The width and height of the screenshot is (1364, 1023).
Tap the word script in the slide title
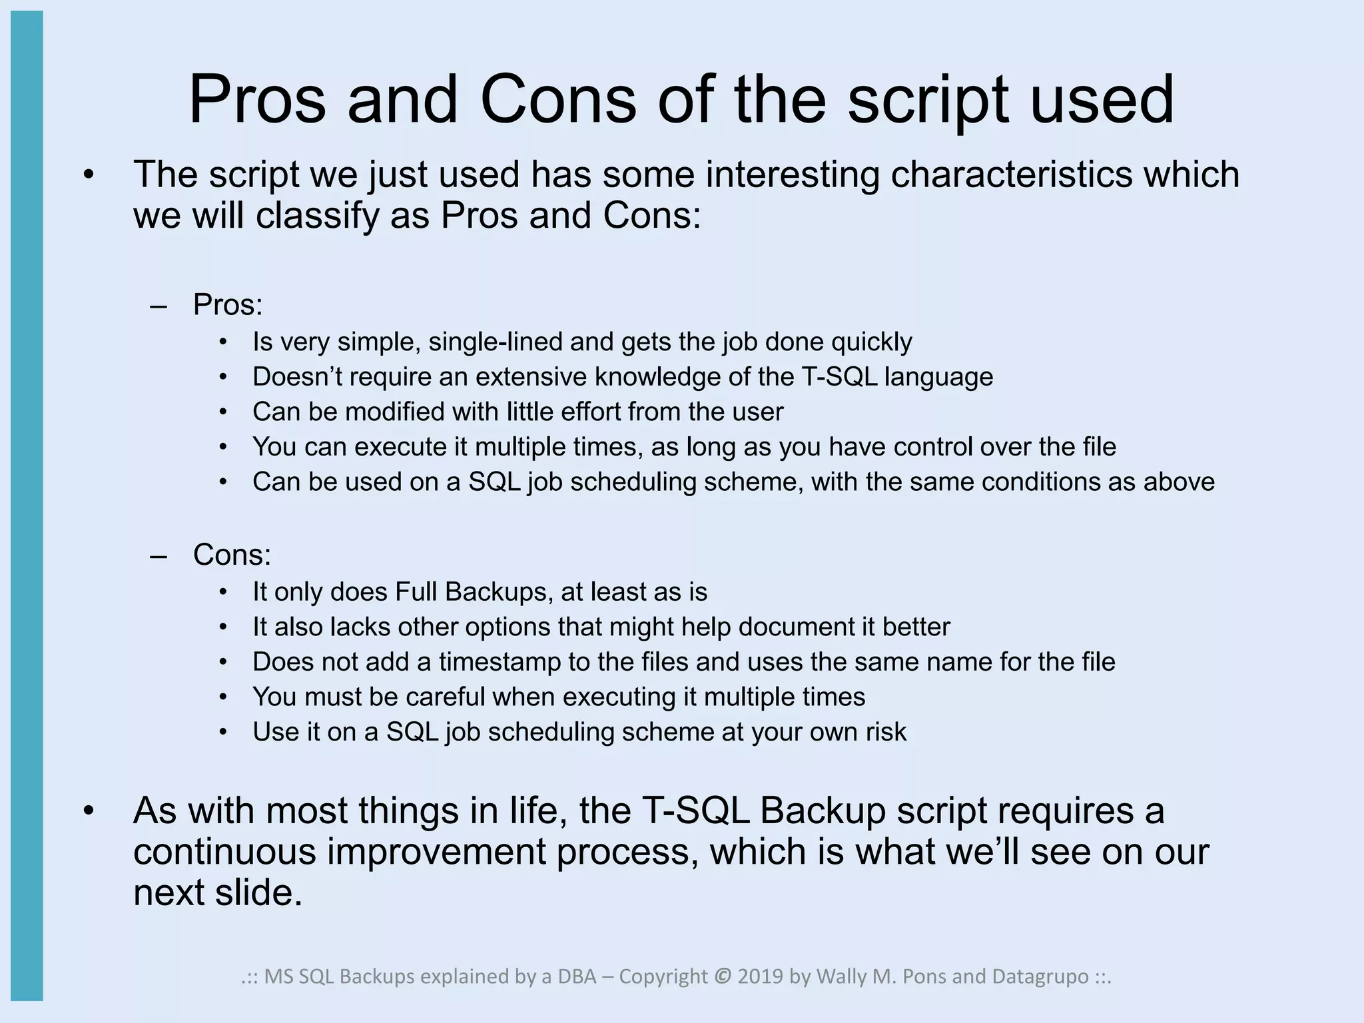coord(928,100)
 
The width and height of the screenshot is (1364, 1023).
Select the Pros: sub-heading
coord(228,305)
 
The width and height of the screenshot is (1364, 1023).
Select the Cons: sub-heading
coord(232,555)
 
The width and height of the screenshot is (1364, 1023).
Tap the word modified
coord(394,412)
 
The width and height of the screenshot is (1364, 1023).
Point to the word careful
coord(446,697)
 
